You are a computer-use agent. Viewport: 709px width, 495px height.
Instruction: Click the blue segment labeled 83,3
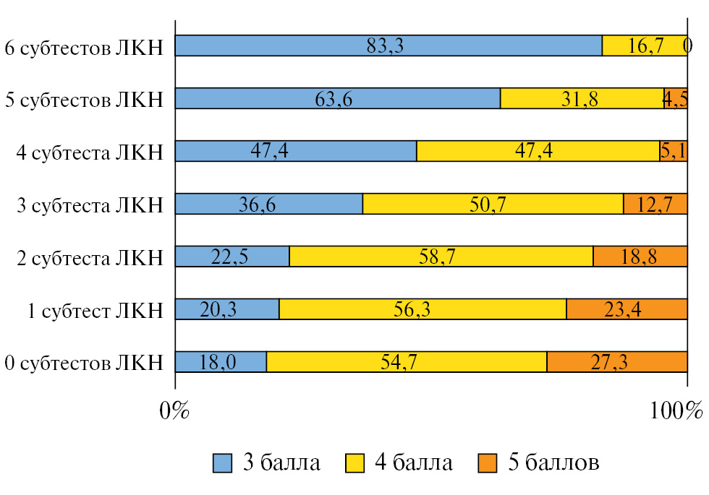tap(389, 46)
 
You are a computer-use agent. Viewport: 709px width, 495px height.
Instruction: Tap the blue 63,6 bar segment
tap(338, 98)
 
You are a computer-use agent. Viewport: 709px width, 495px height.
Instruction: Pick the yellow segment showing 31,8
tap(582, 98)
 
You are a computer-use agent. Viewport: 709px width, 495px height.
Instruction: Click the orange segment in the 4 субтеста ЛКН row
tap(673, 151)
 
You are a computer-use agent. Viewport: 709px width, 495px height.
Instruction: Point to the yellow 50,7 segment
tap(493, 204)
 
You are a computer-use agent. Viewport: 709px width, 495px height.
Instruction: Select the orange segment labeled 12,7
tap(655, 204)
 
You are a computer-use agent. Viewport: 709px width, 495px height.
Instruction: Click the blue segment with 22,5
tap(232, 257)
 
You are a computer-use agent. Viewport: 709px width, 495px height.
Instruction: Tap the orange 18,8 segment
tap(640, 257)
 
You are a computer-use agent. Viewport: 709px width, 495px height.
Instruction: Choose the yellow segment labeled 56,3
tap(423, 309)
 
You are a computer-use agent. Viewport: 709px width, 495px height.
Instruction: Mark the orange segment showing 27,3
tap(616, 362)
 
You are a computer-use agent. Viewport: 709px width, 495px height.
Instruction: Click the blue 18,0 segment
tap(221, 362)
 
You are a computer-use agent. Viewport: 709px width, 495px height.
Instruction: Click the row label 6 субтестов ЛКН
tap(84, 47)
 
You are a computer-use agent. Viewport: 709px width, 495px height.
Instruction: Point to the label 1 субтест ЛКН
tap(96, 311)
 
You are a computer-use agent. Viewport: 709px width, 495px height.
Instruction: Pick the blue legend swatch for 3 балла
tap(222, 462)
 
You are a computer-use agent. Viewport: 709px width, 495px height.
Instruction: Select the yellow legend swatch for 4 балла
tap(354, 462)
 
